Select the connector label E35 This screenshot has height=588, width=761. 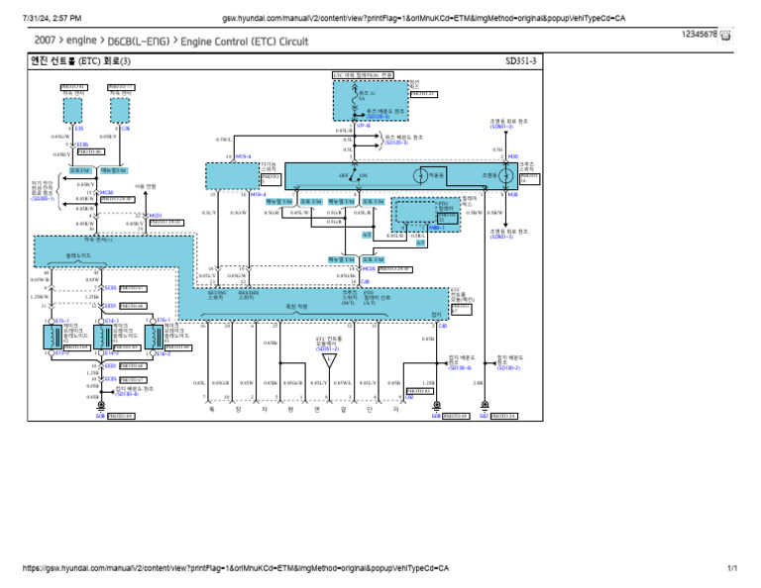pos(79,128)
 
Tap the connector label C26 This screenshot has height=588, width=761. pos(125,128)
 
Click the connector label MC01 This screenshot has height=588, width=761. pos(155,215)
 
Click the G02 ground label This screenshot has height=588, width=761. pos(484,416)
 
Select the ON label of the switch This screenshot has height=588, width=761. pos(363,175)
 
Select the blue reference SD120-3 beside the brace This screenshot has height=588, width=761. pos(398,142)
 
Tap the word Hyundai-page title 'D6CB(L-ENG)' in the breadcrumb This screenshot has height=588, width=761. pos(134,42)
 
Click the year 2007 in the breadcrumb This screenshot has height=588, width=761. pos(46,42)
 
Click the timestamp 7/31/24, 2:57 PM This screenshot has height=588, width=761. pos(44,18)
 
